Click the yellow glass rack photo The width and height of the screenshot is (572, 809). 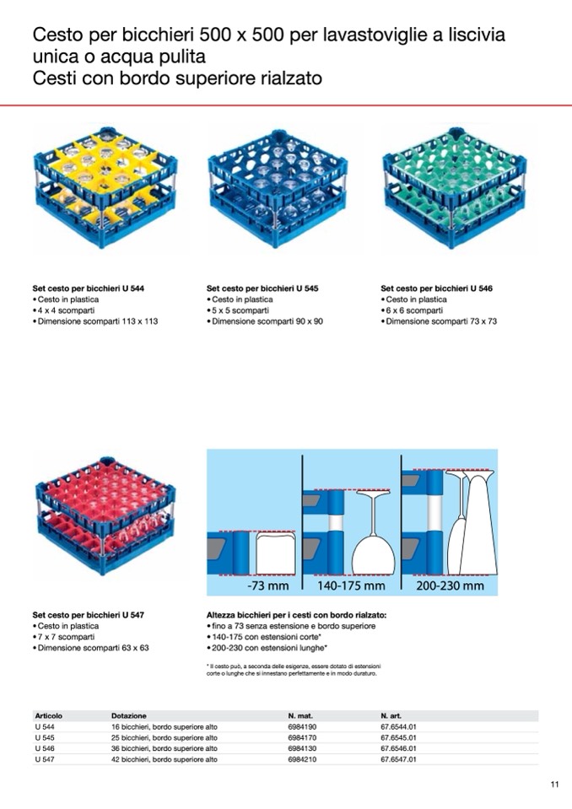105,187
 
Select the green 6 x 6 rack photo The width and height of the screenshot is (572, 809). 454,187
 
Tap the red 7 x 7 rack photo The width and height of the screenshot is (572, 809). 105,515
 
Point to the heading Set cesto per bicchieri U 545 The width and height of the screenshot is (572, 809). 262,289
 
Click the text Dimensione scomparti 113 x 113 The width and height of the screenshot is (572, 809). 98,321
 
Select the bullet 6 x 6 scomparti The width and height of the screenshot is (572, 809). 414,310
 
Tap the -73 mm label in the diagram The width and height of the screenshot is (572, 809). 268,585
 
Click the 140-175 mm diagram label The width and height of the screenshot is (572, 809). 351,585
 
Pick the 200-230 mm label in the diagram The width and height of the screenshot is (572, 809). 450,585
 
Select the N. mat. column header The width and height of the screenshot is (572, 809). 300,715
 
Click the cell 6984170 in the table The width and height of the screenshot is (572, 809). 302,737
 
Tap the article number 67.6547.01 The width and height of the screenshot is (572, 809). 398,759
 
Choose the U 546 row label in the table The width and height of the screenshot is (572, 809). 45,748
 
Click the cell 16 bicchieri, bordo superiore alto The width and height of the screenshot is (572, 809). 164,726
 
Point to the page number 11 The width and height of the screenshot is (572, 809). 554,785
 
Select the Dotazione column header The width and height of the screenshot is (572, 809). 129,715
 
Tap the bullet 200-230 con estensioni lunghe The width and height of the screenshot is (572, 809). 267,648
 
